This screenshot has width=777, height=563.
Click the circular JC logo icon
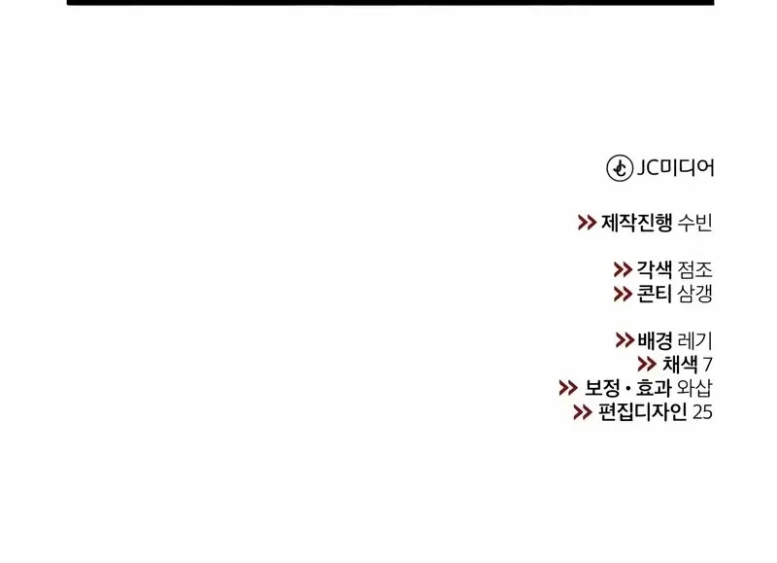pyautogui.click(x=620, y=168)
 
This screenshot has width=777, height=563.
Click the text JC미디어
pyautogui.click(x=675, y=168)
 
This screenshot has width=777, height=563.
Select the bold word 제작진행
pyautogui.click(x=636, y=223)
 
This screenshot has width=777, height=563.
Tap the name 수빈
pyautogui.click(x=694, y=223)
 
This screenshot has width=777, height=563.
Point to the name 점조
pyautogui.click(x=694, y=270)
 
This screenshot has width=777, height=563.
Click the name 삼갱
pyautogui.click(x=694, y=294)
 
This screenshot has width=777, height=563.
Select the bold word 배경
pyautogui.click(x=656, y=341)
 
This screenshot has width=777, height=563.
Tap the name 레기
pyautogui.click(x=695, y=341)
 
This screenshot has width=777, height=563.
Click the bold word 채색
pyautogui.click(x=680, y=365)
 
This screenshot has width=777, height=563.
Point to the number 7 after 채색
pyautogui.click(x=708, y=365)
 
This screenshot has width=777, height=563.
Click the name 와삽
pyautogui.click(x=695, y=388)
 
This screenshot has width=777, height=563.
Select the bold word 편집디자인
pyautogui.click(x=643, y=412)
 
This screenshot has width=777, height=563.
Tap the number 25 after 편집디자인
pyautogui.click(x=703, y=412)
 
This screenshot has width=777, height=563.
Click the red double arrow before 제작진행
pyautogui.click(x=587, y=223)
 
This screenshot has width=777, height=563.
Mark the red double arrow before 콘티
pyautogui.click(x=623, y=294)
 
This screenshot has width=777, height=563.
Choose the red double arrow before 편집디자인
pyautogui.click(x=583, y=412)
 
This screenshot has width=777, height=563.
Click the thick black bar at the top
pyautogui.click(x=389, y=3)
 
